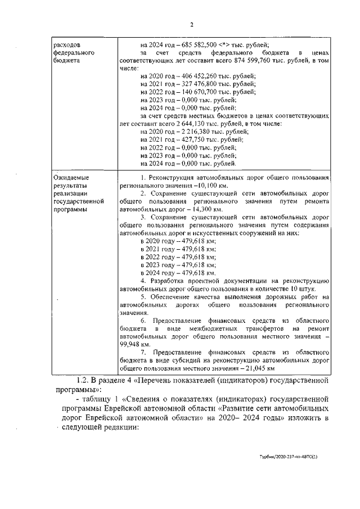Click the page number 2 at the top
191,25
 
